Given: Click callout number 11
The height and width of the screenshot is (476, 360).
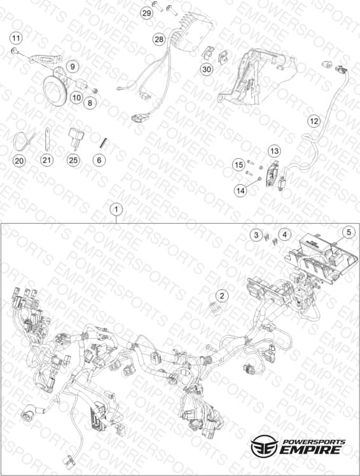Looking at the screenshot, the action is pos(16,38).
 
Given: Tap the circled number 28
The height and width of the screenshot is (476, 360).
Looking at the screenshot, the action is pos(159,39).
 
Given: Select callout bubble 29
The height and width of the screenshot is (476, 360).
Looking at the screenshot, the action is pos(147,13).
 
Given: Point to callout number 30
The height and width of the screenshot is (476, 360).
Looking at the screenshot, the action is pos(207,69).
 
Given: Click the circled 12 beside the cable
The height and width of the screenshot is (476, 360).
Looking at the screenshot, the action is pos(314,121).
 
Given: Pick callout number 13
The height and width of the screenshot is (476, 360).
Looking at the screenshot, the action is pos(274,151).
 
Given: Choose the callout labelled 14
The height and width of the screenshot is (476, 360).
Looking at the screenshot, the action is pos(240,191).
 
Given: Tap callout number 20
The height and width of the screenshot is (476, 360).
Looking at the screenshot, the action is pos(19,160).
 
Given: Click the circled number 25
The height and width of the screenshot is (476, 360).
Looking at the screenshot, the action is pos(73,160).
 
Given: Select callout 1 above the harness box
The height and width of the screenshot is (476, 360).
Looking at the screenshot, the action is pos(116,210).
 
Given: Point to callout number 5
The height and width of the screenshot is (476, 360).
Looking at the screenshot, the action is pos(349,232).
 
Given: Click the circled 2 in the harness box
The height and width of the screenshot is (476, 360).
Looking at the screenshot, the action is pos(222,296).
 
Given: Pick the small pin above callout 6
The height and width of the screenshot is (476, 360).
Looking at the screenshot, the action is pos(104,142).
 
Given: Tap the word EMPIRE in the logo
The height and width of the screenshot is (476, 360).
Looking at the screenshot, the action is pos(310,450).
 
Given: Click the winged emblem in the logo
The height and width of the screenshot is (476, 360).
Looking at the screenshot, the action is pos(265,445).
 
